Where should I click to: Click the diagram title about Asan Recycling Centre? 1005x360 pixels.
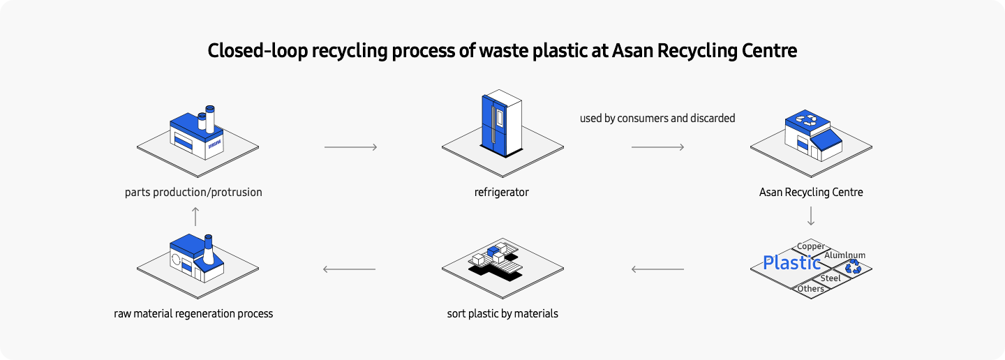tap(502, 51)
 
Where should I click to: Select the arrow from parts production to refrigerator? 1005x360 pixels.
tap(350, 147)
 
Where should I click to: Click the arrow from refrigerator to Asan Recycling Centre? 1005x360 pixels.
tap(657, 147)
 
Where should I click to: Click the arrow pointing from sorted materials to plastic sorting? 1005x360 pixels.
tap(657, 269)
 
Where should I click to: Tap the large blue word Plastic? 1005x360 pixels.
tap(791, 263)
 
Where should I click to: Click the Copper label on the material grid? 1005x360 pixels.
tap(810, 246)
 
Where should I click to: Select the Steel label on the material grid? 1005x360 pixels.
tap(831, 278)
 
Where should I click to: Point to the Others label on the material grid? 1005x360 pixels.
tap(810, 289)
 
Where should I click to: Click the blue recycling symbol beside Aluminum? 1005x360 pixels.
tap(853, 267)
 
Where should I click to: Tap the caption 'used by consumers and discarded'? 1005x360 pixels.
tap(657, 119)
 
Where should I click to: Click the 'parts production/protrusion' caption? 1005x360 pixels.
tap(193, 192)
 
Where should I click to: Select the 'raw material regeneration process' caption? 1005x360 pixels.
tap(193, 314)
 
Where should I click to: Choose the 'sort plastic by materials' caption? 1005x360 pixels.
tap(502, 314)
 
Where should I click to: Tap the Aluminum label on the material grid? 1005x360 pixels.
tap(844, 255)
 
